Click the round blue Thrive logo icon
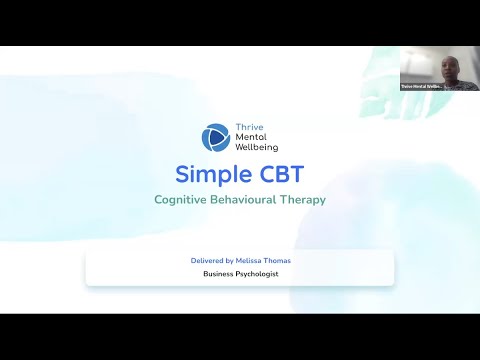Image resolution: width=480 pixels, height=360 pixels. tap(215, 137)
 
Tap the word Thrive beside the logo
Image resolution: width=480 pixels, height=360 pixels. tap(246, 128)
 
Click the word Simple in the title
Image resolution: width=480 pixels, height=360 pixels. tap(207, 174)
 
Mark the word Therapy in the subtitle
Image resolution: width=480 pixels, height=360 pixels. tap(304, 200)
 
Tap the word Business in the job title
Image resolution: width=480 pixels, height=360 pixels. tap(219, 273)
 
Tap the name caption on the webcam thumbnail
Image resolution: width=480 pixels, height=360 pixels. tap(421, 87)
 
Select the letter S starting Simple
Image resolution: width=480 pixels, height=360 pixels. tap(182, 174)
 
